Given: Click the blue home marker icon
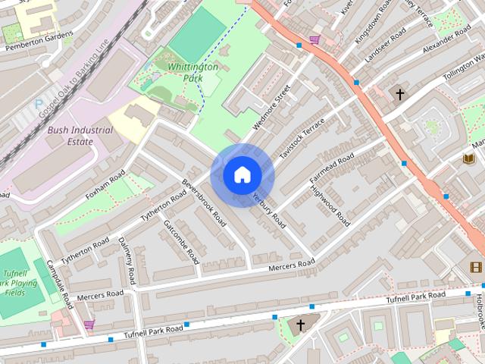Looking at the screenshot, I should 242,175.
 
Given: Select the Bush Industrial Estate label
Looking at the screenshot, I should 80,136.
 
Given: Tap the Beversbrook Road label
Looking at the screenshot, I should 205,202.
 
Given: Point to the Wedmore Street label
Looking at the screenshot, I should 273,107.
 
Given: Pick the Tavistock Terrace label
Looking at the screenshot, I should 302,137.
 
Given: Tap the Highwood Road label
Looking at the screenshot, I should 331,206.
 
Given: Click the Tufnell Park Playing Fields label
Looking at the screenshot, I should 19,281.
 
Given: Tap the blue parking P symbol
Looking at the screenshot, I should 39,104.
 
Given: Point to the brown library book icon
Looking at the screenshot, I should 468,158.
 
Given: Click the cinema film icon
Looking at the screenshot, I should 475,266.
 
